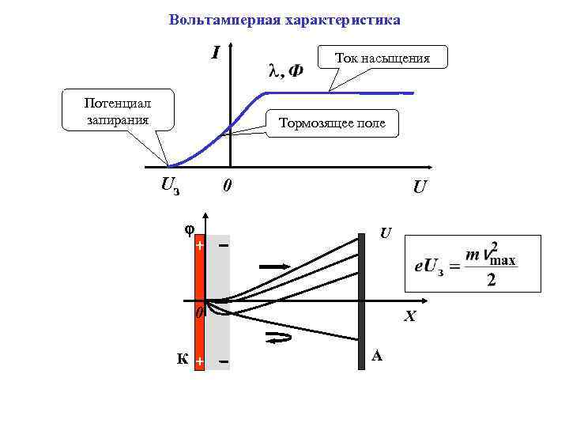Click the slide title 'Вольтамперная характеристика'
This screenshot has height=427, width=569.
tap(284, 20)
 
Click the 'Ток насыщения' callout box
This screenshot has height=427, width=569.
tap(382, 58)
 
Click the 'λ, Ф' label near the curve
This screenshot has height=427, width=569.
tap(285, 72)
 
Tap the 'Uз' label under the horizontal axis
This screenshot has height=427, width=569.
tap(170, 186)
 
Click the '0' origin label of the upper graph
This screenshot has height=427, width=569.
tap(227, 187)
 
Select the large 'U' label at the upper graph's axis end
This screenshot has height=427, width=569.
tap(420, 188)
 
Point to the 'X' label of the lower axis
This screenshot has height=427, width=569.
tap(409, 317)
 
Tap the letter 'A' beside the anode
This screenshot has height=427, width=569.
tap(377, 356)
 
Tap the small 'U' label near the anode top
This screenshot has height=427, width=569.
tap(385, 233)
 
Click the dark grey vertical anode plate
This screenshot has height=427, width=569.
tap(362, 300)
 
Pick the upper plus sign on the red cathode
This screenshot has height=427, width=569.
tap(200, 246)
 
